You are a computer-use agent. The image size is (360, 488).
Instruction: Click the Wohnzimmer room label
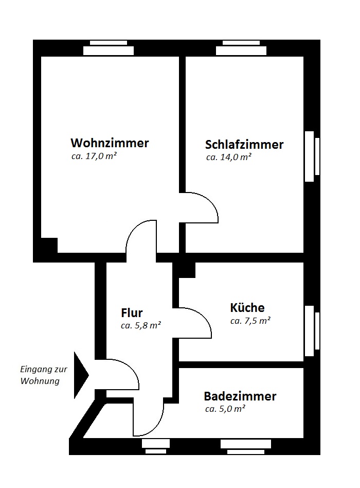(110, 143)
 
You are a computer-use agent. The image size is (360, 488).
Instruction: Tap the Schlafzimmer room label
(244, 144)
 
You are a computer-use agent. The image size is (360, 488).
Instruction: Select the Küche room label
(247, 308)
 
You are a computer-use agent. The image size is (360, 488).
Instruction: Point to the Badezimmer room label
(240, 396)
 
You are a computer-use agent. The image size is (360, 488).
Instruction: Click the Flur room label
(132, 312)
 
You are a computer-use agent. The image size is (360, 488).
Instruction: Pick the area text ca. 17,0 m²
(93, 156)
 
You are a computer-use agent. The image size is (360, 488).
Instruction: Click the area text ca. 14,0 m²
(228, 158)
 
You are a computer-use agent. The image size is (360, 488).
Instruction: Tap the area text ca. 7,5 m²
(250, 321)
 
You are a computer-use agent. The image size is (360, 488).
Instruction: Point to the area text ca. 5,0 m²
(225, 409)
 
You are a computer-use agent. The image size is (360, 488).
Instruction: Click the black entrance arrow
(81, 375)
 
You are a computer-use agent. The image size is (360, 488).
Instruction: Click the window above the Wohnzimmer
(109, 48)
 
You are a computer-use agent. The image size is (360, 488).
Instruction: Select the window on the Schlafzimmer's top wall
(241, 48)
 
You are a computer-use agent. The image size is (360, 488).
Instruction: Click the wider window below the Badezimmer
(246, 446)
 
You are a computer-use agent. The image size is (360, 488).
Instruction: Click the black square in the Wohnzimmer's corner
(49, 245)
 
